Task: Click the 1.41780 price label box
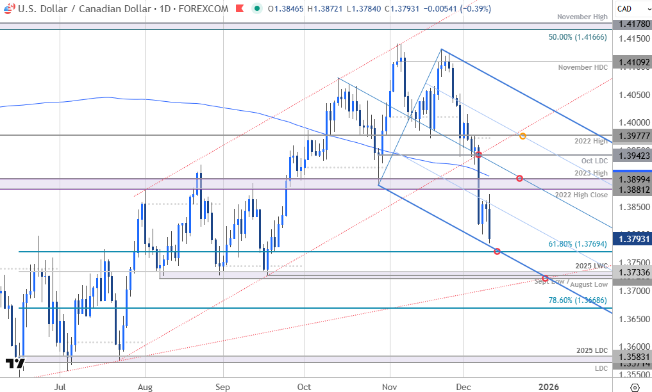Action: tap(631, 24)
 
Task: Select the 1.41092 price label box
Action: tap(631, 62)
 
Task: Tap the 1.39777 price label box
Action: tap(631, 135)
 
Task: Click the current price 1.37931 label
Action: tap(631, 239)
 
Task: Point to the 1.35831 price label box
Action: tap(631, 357)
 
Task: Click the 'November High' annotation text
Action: tap(581, 17)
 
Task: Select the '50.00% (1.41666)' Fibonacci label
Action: tap(577, 38)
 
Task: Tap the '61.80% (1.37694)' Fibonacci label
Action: tap(577, 243)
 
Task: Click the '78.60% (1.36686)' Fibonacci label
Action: tap(577, 300)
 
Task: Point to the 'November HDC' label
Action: tap(583, 67)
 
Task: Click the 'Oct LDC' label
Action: tap(594, 160)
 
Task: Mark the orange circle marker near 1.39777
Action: tap(523, 136)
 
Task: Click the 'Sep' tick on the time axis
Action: tap(222, 387)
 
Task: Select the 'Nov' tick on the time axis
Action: tap(389, 387)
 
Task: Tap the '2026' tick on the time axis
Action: tap(548, 387)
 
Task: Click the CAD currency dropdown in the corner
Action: tap(631, 8)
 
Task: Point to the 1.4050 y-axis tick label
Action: tap(631, 95)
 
